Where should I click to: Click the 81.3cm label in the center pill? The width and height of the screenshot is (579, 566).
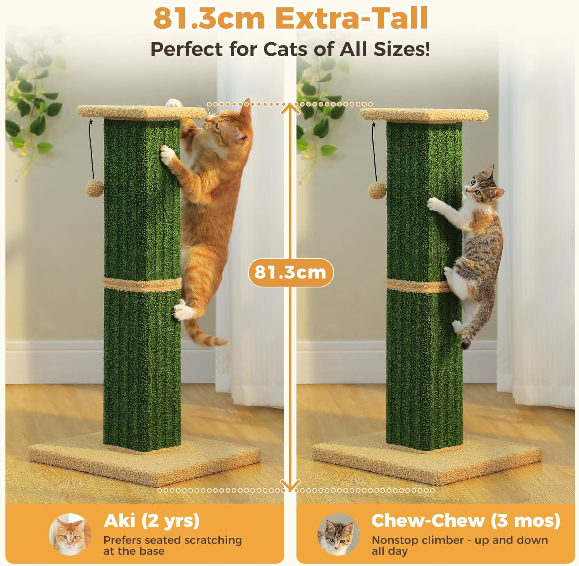point(290,273)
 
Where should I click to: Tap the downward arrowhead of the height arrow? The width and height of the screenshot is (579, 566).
point(290,487)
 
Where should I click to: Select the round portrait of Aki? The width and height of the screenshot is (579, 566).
point(70,535)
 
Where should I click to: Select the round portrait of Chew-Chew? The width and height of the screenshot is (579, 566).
point(338,535)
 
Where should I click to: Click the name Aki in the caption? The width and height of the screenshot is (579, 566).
point(119,521)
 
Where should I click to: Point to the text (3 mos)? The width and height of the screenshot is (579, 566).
point(526,520)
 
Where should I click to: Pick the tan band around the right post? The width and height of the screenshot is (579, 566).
point(417,286)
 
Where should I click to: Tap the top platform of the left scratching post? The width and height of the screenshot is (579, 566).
point(141,112)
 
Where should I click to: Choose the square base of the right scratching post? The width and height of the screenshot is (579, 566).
point(426,463)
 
